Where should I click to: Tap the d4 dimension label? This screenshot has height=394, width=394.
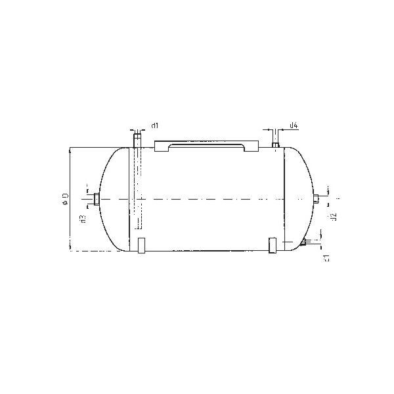[294, 125]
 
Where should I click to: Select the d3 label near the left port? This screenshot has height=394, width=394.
[83, 219]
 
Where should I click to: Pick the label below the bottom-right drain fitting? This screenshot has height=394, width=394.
[326, 257]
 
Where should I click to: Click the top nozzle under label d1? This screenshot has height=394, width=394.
[137, 141]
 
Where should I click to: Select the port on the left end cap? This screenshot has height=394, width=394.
[96, 198]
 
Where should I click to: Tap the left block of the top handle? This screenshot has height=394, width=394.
[162, 146]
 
